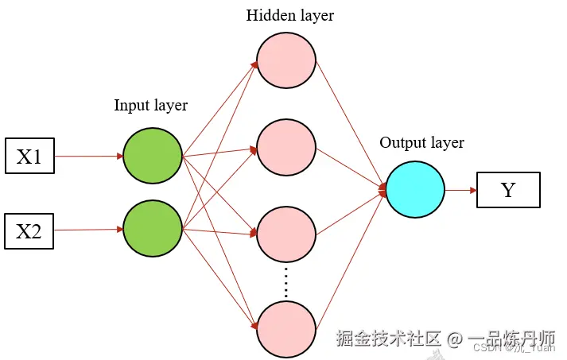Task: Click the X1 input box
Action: click(29, 157)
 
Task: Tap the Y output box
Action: click(508, 191)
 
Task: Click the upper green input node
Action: click(152, 155)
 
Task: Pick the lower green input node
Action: click(152, 229)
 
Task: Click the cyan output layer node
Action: click(415, 190)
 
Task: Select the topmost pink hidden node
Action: click(286, 63)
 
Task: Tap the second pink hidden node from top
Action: click(286, 148)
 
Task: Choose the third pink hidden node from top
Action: click(286, 236)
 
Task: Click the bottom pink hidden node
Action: click(286, 327)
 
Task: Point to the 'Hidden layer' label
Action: click(289, 15)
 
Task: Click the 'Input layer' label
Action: click(150, 105)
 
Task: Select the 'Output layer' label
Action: click(421, 143)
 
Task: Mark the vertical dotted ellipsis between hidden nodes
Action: click(286, 281)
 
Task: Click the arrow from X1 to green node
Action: click(88, 157)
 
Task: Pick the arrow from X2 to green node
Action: click(88, 230)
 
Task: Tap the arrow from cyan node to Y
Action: click(460, 191)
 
